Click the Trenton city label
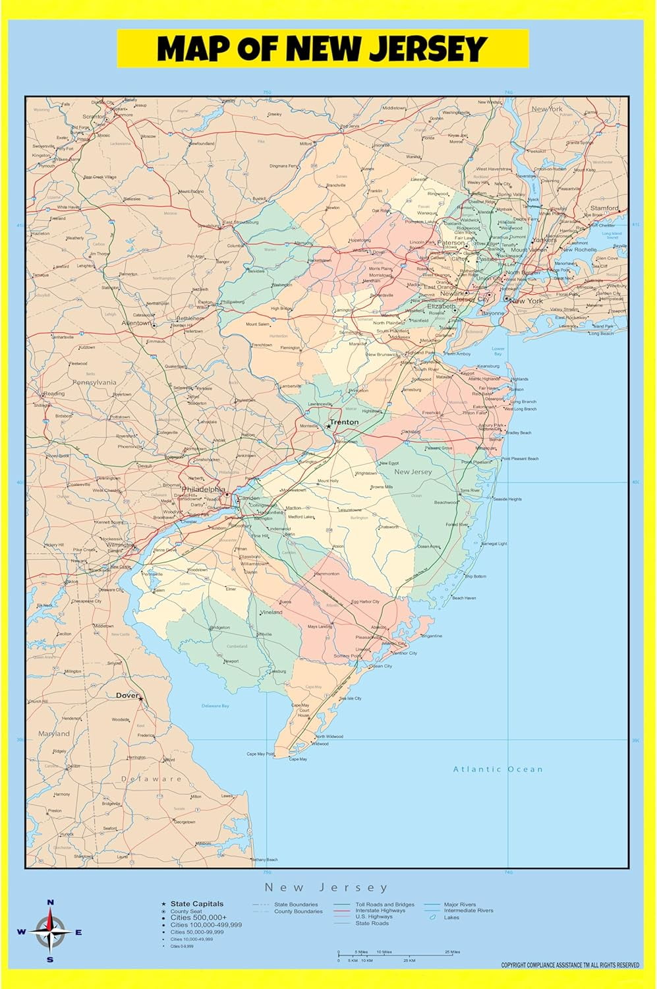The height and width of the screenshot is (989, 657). pos(345,422)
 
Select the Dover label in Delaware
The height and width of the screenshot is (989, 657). pos(127,696)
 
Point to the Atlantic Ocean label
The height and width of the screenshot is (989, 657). pos(498,769)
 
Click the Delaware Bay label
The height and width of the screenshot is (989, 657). pos(215,705)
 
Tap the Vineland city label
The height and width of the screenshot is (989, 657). pos(271,612)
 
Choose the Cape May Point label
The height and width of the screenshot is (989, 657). pos(260,754)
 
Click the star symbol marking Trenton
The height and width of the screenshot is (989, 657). pos(329,427)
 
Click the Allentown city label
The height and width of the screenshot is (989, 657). pos(136,324)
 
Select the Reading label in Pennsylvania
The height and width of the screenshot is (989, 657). pos(54,394)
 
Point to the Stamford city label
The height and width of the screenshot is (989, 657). pos(604,208)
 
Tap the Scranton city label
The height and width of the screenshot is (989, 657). pos(94,117)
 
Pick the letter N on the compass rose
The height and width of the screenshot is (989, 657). pos(50,903)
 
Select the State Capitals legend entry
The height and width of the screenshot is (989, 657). pos(196,904)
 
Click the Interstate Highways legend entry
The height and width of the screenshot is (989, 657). pos(380,911)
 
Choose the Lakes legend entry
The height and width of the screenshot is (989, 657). pos(451,917)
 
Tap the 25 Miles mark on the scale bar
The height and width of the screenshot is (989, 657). pos(452,952)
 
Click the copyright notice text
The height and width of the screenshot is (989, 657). pos(570,965)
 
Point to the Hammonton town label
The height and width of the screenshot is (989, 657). pos(327,574)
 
